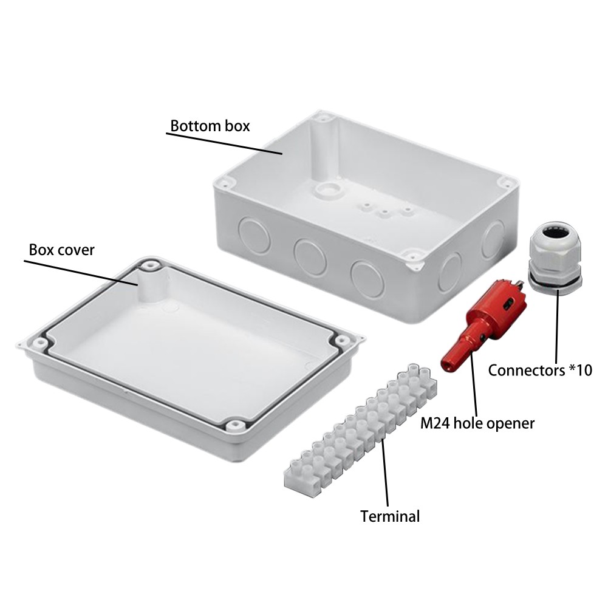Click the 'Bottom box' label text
tap(210, 126)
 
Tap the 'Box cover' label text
tap(61, 250)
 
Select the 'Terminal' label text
tap(390, 516)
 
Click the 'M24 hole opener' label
tap(477, 423)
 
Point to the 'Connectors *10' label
tap(539, 370)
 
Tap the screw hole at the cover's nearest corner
tap(233, 425)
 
